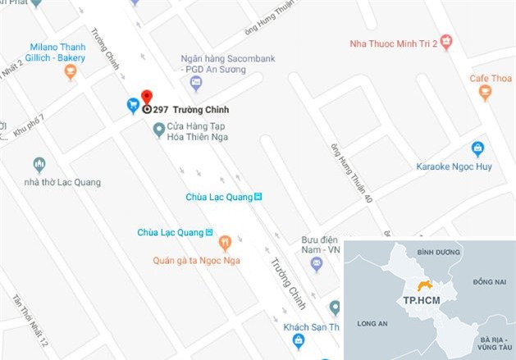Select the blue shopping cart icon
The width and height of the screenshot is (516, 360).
(x=132, y=104)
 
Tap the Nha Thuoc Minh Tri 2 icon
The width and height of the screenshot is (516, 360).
(x=446, y=39)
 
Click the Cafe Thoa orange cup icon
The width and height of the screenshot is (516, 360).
(x=485, y=94)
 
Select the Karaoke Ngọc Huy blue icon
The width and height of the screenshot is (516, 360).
(x=478, y=148)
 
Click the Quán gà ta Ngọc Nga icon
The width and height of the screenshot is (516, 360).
(x=224, y=243)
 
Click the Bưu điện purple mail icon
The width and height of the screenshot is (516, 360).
(x=317, y=263)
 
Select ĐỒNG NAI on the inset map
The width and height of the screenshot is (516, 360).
(x=491, y=281)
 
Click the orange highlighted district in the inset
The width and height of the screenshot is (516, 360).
(x=425, y=286)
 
